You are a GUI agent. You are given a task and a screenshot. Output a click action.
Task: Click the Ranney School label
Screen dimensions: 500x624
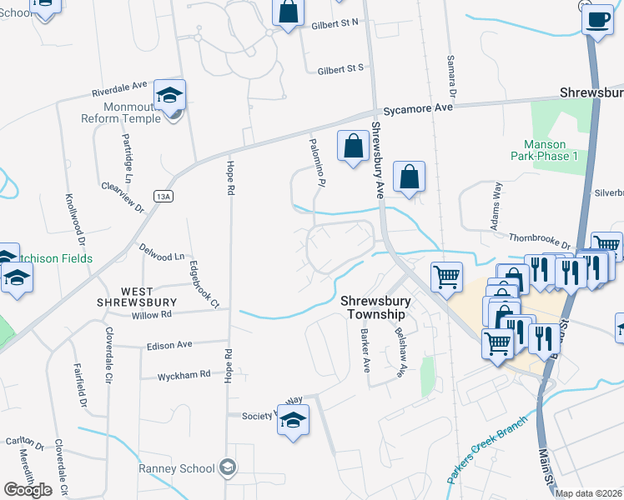pos(179,467)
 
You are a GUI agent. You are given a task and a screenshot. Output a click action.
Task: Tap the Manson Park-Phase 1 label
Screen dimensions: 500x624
pos(551,150)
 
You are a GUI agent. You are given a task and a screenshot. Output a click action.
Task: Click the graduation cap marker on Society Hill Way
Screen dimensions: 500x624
pos(293,422)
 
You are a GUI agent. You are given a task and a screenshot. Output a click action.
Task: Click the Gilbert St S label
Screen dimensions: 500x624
pos(340,70)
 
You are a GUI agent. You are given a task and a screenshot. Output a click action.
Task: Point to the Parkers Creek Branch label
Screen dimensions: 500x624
pos(488,450)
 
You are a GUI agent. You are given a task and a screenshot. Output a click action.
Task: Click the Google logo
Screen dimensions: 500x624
pos(28,490)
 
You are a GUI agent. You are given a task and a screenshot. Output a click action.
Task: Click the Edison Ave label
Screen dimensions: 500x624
pos(169,344)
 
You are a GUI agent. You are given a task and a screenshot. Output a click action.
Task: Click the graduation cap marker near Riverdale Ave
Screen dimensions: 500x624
pos(170,97)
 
